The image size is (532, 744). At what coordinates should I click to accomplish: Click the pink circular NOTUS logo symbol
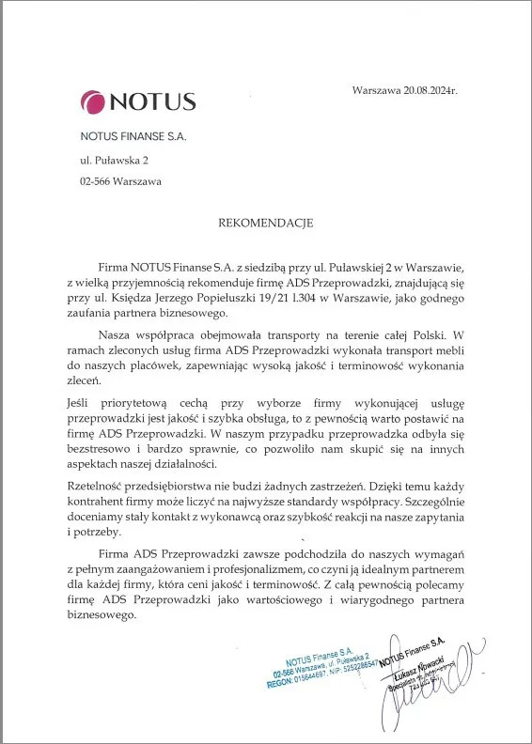click(94, 101)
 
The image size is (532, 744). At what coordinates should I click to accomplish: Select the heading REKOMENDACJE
click(265, 224)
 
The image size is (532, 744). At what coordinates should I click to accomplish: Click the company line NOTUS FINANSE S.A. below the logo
click(133, 136)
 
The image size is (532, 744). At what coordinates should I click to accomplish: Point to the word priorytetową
click(142, 402)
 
